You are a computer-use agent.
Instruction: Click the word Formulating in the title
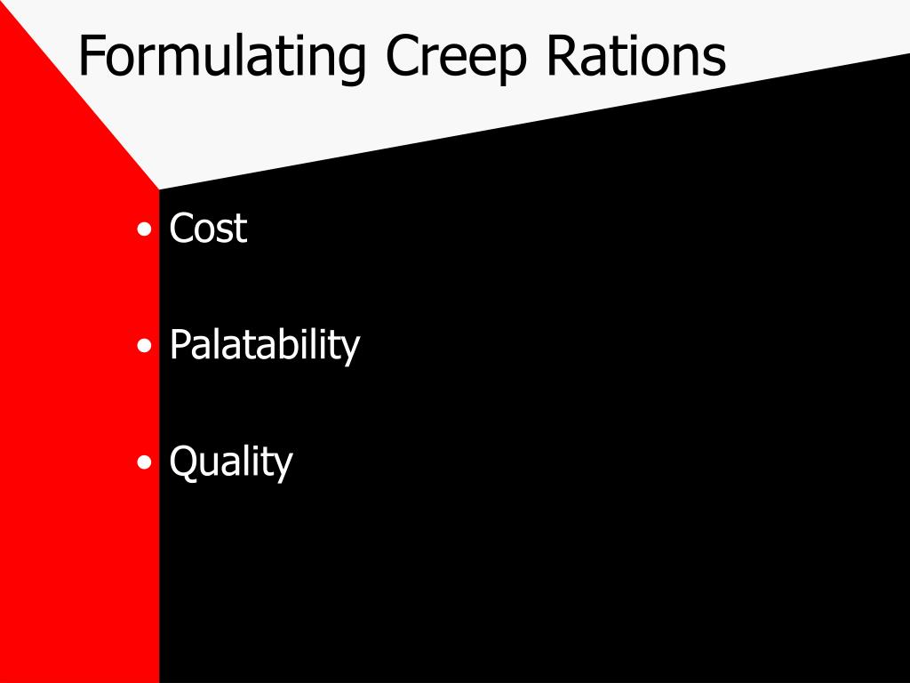coord(221,57)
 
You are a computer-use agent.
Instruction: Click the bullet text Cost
coord(208,229)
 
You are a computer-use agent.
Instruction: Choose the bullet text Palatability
coord(264,345)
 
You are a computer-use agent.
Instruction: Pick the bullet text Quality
coord(230,462)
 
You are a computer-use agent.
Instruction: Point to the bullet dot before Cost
coord(145,230)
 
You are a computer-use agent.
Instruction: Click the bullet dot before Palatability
coord(145,347)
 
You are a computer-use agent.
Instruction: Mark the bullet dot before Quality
coord(145,463)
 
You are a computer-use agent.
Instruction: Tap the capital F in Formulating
coord(90,55)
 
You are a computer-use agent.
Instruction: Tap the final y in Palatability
coord(350,350)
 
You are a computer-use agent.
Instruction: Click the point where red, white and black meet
coord(159,189)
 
